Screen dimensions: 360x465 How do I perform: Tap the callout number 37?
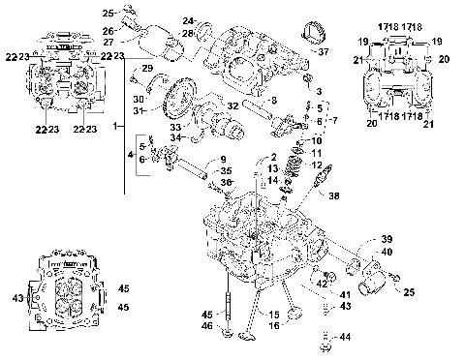[325, 51]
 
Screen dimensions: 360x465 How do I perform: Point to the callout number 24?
[188, 20]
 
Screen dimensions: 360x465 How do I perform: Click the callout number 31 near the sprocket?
[139, 111]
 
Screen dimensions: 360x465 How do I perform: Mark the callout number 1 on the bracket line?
[116, 126]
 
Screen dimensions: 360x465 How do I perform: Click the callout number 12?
[317, 165]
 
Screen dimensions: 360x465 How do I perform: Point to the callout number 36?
[227, 182]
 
